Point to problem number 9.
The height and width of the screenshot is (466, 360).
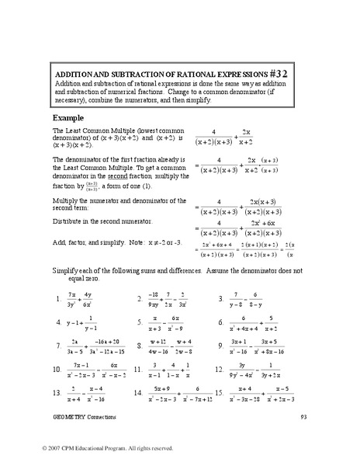tap(222, 343)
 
